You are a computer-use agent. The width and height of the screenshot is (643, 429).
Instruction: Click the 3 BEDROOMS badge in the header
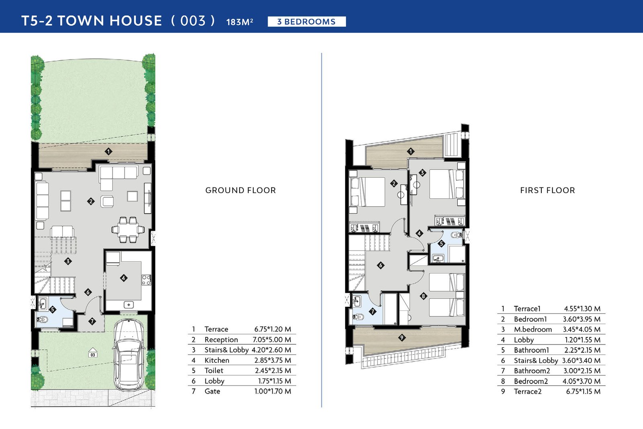click(x=307, y=22)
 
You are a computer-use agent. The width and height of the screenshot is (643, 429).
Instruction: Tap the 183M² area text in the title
click(x=240, y=22)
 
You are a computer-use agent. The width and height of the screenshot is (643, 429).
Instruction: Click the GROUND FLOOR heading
click(x=241, y=191)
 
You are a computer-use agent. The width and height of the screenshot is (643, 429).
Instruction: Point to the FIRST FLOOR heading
click(x=548, y=191)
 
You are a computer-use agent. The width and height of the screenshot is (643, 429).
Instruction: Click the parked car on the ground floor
click(x=129, y=355)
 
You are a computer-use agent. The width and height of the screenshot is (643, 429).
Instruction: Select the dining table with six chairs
click(x=128, y=230)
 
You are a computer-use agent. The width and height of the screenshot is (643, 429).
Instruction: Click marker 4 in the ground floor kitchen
click(x=123, y=278)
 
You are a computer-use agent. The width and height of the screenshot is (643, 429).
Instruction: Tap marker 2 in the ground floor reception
click(x=91, y=201)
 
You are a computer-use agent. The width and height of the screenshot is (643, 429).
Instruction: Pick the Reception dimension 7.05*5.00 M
click(x=272, y=340)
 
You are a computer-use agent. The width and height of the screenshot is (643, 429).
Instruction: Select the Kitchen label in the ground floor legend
click(x=217, y=360)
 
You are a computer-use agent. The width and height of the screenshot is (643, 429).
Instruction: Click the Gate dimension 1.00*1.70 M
click(x=273, y=391)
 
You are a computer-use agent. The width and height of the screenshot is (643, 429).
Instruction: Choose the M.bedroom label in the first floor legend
click(x=533, y=329)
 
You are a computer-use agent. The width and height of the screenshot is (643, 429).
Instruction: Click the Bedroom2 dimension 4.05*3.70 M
click(x=582, y=381)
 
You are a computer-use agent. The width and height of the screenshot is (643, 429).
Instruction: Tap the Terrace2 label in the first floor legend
click(x=528, y=391)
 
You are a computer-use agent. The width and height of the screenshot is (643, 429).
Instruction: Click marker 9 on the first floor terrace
click(x=401, y=338)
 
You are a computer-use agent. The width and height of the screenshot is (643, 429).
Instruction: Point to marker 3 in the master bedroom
click(x=422, y=173)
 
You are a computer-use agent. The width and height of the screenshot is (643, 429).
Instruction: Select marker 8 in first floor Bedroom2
click(x=423, y=296)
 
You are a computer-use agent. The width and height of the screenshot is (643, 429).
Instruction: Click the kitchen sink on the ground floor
click(x=129, y=305)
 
